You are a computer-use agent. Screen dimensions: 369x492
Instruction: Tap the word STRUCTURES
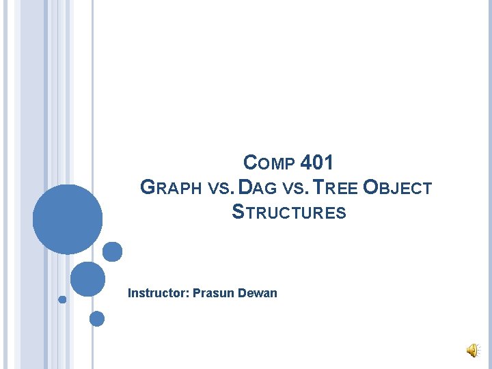tap(289, 213)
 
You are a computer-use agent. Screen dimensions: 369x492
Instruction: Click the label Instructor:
tap(159, 293)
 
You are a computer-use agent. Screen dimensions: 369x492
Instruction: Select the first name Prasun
tap(214, 293)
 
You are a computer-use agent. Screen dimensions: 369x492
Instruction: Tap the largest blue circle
tap(68, 219)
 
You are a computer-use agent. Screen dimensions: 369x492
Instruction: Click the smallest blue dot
tap(62, 299)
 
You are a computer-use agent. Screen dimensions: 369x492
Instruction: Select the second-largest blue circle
tap(87, 279)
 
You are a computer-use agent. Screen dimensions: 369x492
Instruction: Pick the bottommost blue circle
tap(97, 318)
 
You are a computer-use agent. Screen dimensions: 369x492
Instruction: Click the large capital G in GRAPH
tap(147, 187)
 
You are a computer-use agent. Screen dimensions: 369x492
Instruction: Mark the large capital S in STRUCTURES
tap(238, 212)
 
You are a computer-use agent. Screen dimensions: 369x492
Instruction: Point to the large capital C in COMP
tap(250, 163)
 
